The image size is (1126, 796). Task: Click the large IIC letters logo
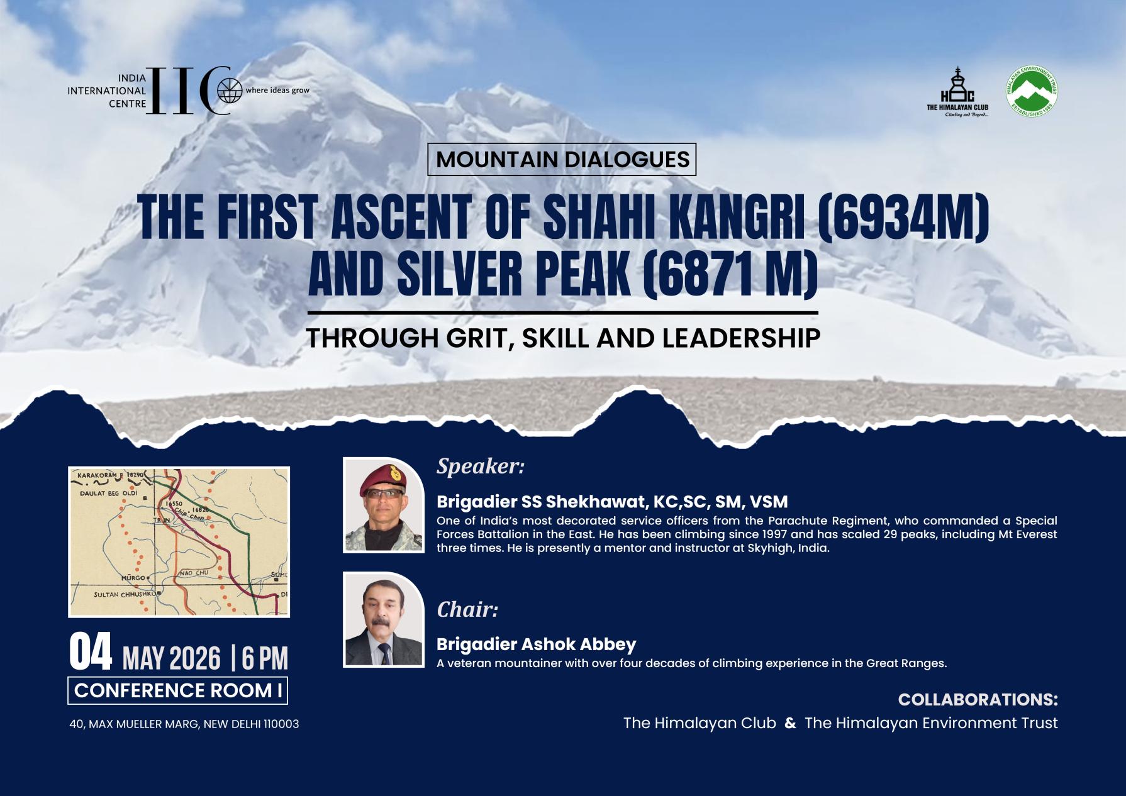(187, 91)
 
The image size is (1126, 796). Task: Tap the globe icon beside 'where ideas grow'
(230, 91)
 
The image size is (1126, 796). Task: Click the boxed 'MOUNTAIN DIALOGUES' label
(562, 159)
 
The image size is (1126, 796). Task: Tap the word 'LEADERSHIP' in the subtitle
(741, 338)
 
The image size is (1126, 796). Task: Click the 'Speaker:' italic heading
(481, 467)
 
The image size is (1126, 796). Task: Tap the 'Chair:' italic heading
(467, 610)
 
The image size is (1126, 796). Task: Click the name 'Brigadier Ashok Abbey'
(536, 644)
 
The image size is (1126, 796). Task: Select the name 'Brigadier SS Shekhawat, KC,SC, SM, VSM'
(612, 502)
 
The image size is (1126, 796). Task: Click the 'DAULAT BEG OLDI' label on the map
(108, 494)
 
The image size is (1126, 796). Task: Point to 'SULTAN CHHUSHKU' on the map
(125, 594)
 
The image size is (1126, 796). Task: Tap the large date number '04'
(91, 654)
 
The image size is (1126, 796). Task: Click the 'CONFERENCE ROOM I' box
(178, 691)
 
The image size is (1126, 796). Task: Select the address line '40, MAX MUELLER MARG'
(184, 724)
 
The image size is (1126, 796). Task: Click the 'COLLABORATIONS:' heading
(978, 700)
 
